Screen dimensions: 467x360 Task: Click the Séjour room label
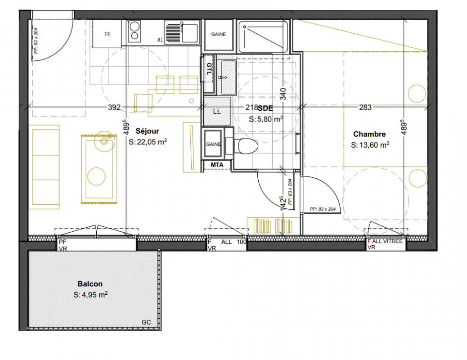point(147,131)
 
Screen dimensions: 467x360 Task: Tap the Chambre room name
point(369,134)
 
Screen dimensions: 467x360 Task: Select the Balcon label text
point(90,284)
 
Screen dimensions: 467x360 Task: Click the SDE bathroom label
point(265,108)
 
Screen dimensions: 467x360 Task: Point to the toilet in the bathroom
point(245,146)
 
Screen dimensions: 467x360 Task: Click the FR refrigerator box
point(107,34)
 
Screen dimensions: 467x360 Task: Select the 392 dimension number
point(114,107)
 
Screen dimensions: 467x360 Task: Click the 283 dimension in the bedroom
point(365,107)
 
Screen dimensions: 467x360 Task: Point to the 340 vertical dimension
point(283,94)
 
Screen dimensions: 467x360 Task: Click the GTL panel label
point(209,69)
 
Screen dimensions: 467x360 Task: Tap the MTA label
point(217,165)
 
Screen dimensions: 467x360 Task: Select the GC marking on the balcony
point(146,323)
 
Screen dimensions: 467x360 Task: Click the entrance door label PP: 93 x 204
point(36,41)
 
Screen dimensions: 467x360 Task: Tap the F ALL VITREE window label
point(385,241)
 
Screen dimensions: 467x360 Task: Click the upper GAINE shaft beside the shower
point(218,35)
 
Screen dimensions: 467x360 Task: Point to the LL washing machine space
point(217,112)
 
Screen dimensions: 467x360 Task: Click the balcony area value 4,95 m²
point(90,295)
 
